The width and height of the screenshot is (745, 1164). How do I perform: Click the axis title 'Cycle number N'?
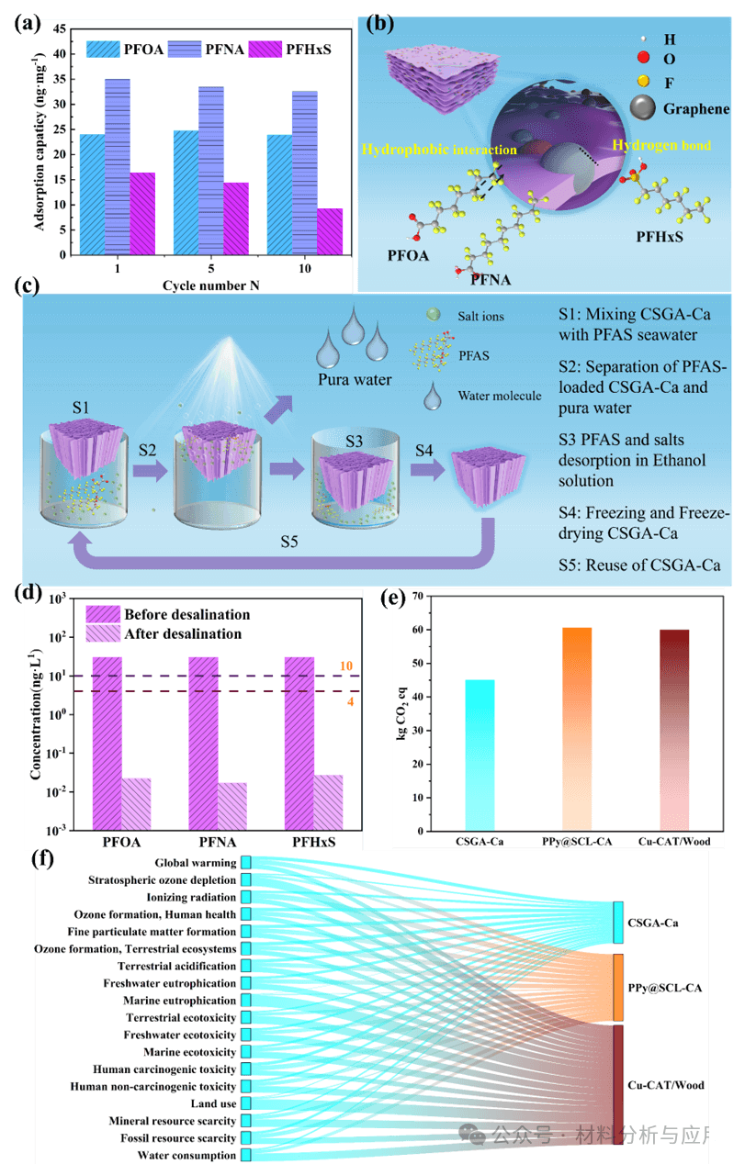(210, 285)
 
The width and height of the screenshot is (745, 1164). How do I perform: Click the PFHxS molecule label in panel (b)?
(660, 237)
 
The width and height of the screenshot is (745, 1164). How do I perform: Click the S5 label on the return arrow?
(289, 541)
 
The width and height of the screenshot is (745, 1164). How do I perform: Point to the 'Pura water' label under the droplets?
(355, 380)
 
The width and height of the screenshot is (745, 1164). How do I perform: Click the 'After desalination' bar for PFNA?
(232, 806)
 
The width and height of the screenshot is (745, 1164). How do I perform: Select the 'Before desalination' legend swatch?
(102, 614)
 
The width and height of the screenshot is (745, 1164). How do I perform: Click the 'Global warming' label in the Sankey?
(195, 863)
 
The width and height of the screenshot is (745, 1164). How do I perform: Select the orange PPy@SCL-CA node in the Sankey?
(618, 987)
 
